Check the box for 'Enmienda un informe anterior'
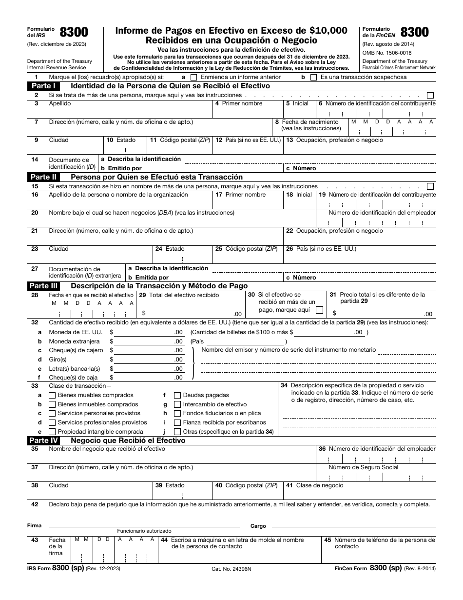194,77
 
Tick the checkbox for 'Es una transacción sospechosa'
313,77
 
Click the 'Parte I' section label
43,86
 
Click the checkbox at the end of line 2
430,95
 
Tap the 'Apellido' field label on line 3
59,103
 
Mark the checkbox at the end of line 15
430,186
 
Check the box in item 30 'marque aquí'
319,310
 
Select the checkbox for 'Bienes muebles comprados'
52,395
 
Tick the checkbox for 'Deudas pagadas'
177,395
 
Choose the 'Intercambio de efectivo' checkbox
177,404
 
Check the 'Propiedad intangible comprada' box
52,432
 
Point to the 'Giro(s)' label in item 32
58,360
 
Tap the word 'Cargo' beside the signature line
258,526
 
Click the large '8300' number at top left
74,33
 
